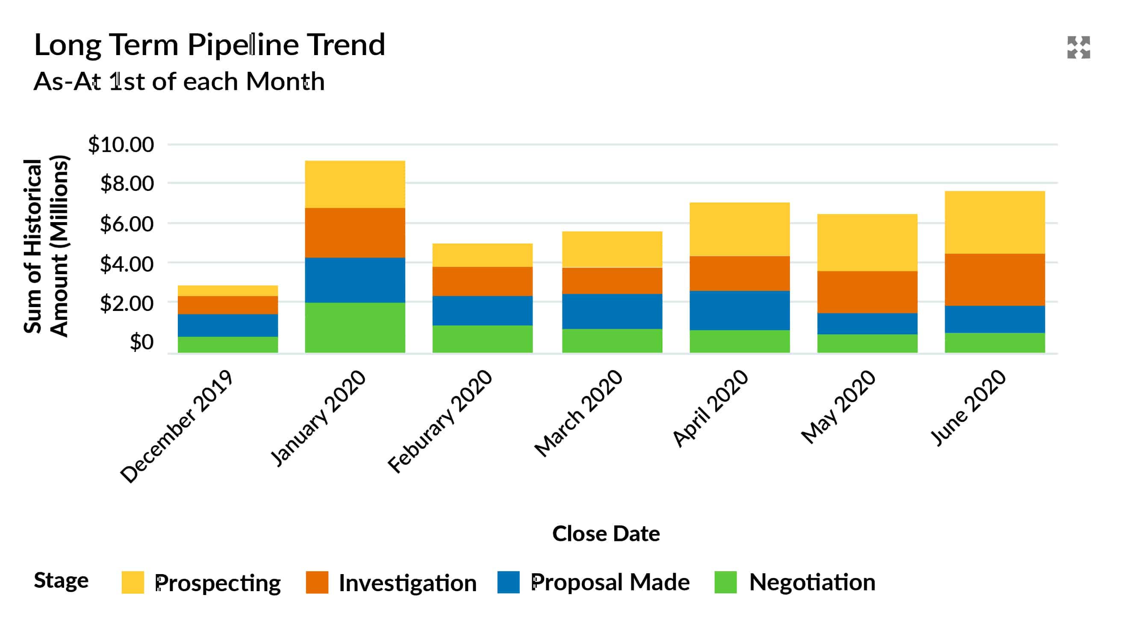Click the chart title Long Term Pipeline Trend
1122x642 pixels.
point(209,45)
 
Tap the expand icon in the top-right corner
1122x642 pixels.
point(1078,47)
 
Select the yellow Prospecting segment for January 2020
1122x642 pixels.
point(355,184)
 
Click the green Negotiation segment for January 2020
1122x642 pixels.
point(355,327)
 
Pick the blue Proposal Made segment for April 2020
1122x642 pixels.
point(739,311)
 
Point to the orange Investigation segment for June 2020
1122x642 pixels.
point(995,279)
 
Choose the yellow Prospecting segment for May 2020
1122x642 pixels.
point(867,243)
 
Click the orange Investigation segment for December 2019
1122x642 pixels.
point(228,305)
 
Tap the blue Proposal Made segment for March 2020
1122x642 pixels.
point(612,311)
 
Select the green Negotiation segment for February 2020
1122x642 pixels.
point(482,339)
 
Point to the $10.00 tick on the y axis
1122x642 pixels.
point(121,145)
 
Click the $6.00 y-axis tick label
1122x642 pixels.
point(127,224)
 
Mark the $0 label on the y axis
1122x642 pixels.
point(141,342)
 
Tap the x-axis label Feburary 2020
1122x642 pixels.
point(440,421)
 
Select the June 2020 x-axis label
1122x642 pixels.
point(968,408)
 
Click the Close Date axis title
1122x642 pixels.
point(606,534)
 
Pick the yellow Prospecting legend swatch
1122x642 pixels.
point(133,582)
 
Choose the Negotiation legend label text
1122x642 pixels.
point(812,582)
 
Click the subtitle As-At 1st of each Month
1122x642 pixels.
point(179,82)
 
